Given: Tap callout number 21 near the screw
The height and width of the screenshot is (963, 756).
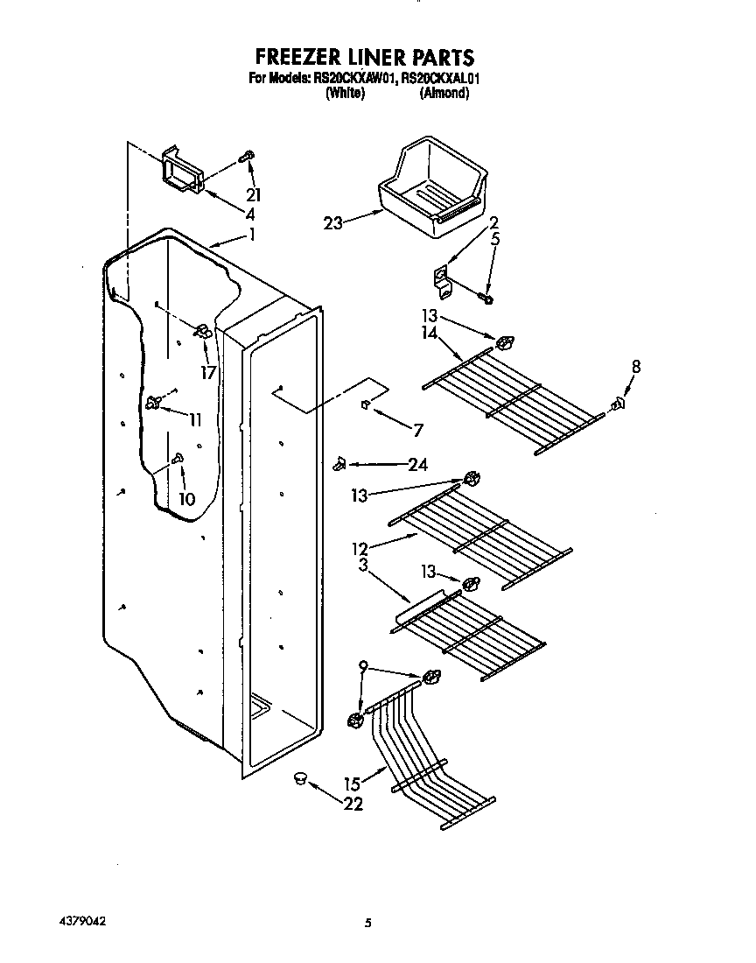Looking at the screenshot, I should (254, 195).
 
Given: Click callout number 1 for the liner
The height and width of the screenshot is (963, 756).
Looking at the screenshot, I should (252, 234).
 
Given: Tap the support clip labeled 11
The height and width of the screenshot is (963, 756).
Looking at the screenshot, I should (155, 403).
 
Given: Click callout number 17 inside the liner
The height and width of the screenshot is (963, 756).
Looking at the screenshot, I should (207, 372).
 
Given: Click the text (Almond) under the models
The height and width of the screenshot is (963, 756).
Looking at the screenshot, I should (444, 93).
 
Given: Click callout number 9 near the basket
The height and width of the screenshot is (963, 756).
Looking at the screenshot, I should (362, 667).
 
